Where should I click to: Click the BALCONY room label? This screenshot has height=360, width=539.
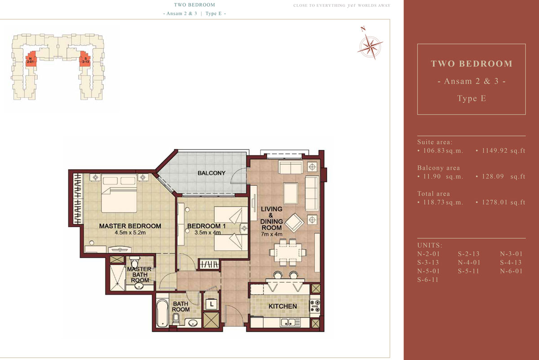tap(211, 173)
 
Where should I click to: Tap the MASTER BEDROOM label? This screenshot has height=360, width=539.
tap(130, 226)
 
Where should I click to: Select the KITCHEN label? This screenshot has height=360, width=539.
tap(283, 306)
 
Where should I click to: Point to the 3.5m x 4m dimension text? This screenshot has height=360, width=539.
tap(208, 233)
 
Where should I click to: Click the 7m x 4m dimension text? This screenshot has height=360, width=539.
tap(272, 234)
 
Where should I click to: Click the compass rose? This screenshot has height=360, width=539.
tap(371, 46)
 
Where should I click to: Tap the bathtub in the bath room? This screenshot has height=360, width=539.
tap(162, 313)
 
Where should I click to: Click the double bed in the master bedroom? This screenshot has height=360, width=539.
tap(119, 193)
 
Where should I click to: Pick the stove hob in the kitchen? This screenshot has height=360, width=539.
tap(315, 306)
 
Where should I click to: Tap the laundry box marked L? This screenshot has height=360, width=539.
tap(212, 304)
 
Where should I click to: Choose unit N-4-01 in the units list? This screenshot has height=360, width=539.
tap(469, 262)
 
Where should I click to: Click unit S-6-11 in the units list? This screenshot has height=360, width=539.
tap(428, 280)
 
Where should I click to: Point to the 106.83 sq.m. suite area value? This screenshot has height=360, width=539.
tap(443, 151)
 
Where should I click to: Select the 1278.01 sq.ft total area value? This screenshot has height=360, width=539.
tap(504, 202)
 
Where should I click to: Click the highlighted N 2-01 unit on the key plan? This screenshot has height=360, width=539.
tap(31, 58)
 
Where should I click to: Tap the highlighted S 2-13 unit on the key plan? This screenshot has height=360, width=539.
tap(85, 58)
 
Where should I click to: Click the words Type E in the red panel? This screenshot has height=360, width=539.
tap(471, 98)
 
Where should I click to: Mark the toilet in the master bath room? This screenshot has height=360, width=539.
tap(135, 262)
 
